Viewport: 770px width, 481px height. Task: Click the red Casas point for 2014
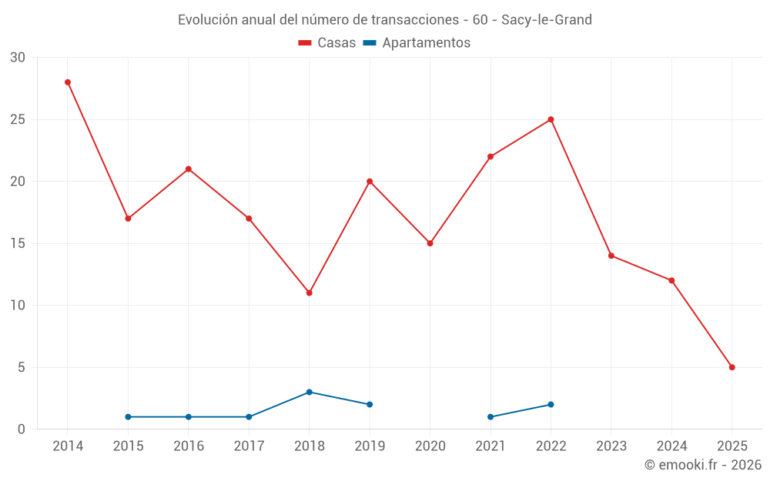[68, 82]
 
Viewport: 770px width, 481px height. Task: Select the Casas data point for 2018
[309, 292]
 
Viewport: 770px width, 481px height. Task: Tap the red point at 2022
[551, 119]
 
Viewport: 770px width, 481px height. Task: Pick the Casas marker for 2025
[731, 367]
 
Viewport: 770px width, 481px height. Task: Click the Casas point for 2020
[430, 243]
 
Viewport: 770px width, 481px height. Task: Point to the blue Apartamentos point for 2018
[309, 392]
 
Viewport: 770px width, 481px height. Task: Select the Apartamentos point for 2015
[128, 417]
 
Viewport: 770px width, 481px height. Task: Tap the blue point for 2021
[490, 417]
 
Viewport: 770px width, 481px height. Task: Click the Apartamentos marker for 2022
[551, 404]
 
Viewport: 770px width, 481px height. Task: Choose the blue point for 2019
[370, 404]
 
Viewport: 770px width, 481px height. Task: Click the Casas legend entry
[327, 43]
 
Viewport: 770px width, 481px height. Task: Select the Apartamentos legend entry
[417, 43]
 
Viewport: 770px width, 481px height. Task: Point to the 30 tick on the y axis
[18, 58]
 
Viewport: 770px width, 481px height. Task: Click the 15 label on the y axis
[18, 243]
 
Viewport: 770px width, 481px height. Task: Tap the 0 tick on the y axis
[22, 429]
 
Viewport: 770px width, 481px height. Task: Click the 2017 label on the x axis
[249, 446]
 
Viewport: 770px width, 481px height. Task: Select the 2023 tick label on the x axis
[611, 446]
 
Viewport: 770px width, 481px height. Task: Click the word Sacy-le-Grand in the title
[547, 20]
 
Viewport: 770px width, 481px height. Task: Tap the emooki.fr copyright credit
[702, 465]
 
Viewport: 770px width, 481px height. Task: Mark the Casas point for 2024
[671, 280]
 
